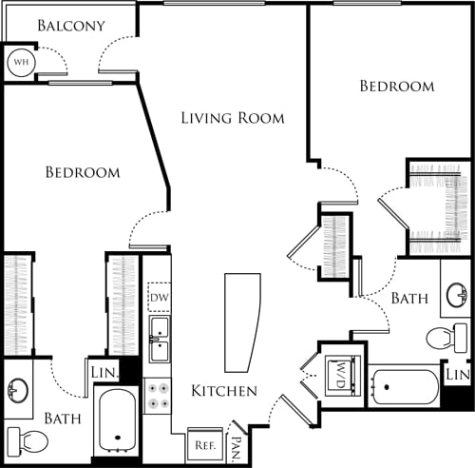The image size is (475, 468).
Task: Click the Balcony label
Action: [71, 25]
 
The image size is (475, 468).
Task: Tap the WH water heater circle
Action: [19, 63]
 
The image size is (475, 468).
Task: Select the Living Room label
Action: [233, 118]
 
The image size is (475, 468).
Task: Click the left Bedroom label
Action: [84, 172]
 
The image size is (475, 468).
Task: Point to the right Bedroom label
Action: [396, 86]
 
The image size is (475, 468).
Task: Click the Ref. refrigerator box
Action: [202, 443]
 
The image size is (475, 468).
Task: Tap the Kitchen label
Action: [224, 391]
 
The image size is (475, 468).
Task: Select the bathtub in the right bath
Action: [405, 387]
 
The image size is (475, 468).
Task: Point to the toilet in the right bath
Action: [446, 338]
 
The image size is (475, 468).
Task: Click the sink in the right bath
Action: [456, 296]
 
